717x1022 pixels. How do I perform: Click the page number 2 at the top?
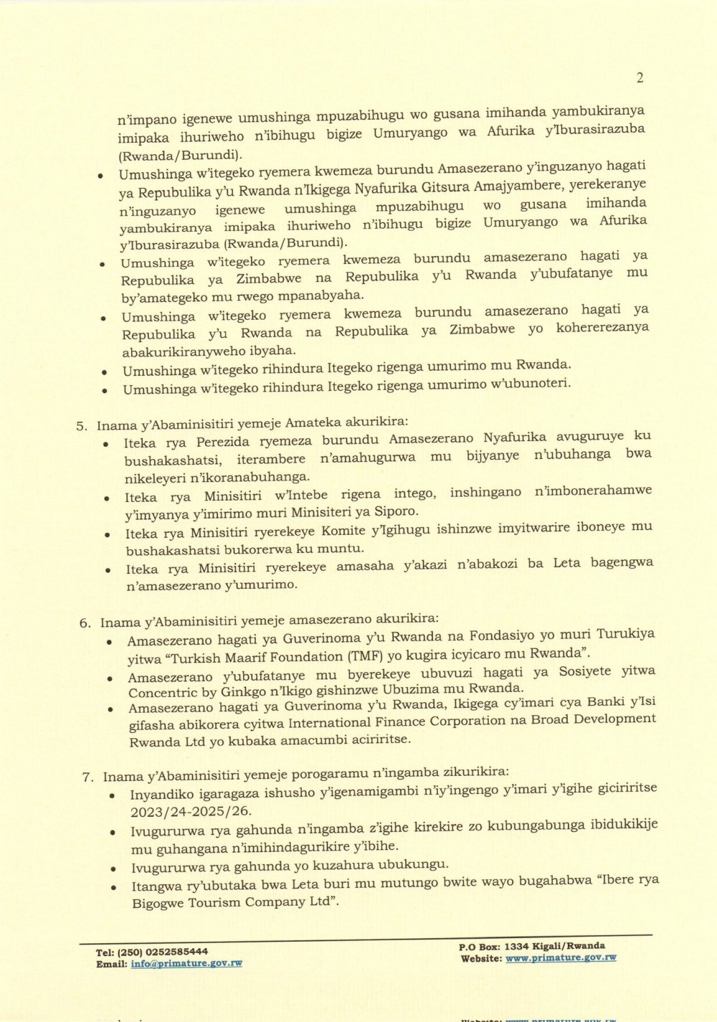[x=640, y=78]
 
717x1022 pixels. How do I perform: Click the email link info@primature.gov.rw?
[x=186, y=964]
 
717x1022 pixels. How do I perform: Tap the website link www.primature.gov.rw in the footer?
[x=561, y=958]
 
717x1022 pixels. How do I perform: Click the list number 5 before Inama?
[x=81, y=426]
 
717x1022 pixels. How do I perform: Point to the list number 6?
[x=85, y=623]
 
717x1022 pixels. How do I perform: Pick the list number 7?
[x=87, y=777]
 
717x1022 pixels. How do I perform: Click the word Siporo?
[x=396, y=512]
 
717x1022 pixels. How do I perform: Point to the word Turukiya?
[x=625, y=634]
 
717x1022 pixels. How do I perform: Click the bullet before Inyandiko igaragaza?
[x=114, y=797]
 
